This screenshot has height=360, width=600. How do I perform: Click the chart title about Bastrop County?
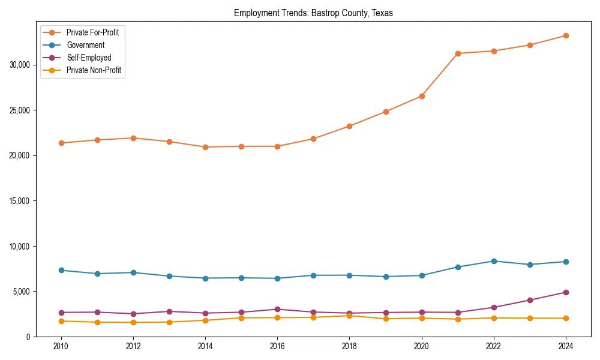click(313, 13)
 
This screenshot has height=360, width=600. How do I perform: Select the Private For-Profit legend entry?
click(92, 32)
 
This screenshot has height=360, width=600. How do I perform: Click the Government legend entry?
click(85, 45)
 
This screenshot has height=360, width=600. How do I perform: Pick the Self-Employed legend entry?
click(89, 58)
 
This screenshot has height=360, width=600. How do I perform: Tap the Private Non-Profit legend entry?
click(94, 70)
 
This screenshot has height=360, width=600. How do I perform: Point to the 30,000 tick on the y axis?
click(21, 65)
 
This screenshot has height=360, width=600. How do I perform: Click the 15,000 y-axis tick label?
click(21, 201)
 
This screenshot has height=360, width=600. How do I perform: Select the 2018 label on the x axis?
click(349, 346)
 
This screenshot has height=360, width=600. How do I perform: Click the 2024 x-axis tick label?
click(565, 346)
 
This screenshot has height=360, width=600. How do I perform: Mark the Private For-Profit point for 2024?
click(565, 35)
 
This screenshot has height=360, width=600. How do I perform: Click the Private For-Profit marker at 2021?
click(457, 53)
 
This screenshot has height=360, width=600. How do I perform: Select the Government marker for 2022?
click(493, 261)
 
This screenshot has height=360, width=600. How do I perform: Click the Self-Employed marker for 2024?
click(565, 292)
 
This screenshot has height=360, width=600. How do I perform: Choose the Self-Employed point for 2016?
click(277, 310)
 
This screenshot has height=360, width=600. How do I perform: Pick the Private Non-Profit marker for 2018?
click(349, 316)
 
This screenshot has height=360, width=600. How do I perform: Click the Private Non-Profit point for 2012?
click(133, 323)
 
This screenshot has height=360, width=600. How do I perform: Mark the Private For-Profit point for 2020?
click(421, 96)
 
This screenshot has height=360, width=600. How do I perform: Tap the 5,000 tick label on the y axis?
click(23, 292)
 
